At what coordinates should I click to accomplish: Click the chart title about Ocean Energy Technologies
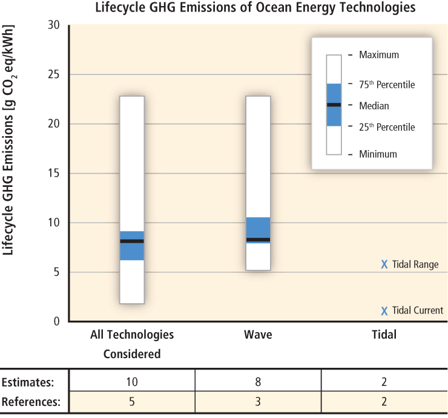(255, 8)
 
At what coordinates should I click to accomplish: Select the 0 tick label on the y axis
(56, 322)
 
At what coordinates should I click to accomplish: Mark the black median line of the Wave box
(258, 240)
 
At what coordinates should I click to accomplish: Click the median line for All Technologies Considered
(132, 241)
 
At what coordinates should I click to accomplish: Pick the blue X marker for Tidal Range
(384, 264)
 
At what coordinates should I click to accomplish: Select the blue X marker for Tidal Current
(384, 311)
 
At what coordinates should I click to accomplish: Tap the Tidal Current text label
(418, 311)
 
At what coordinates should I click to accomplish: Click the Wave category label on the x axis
(258, 335)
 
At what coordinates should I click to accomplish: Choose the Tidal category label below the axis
(383, 335)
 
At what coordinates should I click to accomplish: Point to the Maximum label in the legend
(379, 55)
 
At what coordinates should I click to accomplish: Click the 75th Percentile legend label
(387, 85)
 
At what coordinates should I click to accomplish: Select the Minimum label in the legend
(378, 154)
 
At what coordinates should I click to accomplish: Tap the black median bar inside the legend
(334, 105)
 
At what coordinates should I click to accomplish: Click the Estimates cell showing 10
(132, 382)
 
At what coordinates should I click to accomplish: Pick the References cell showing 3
(258, 402)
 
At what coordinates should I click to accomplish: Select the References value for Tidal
(384, 402)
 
